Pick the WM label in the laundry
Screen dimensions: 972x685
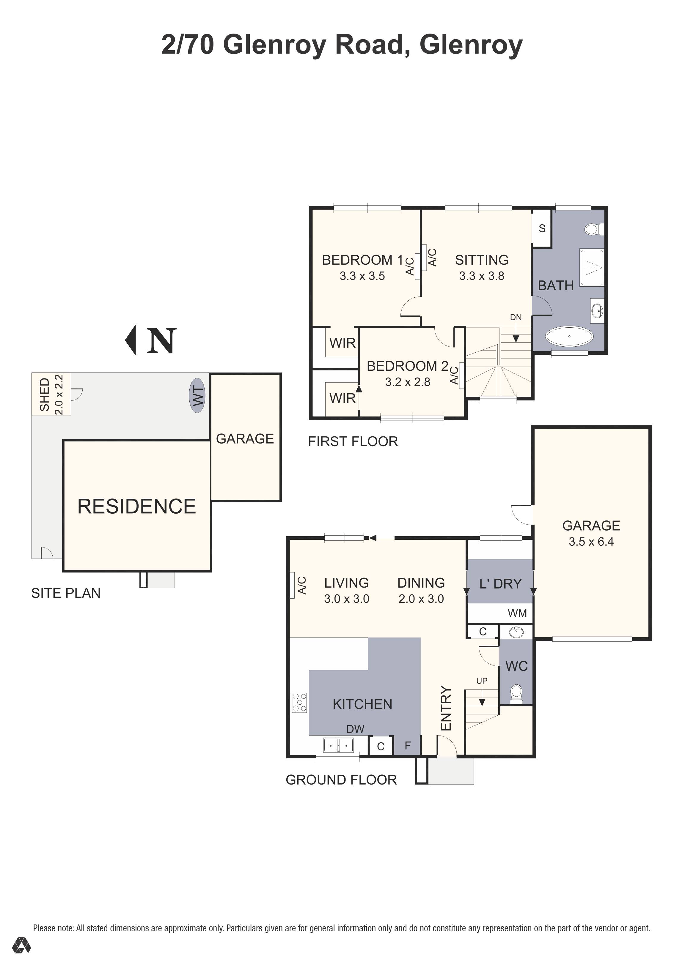click(x=517, y=613)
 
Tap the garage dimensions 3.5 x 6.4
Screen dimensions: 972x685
click(x=591, y=542)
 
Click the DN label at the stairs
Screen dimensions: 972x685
click(x=516, y=318)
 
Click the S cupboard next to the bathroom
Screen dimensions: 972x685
click(x=542, y=229)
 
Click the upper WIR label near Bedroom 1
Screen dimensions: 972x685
click(x=342, y=343)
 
